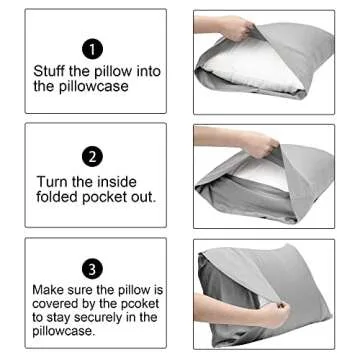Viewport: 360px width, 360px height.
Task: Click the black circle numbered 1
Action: (x=91, y=47)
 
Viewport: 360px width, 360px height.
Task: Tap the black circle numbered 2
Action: (x=91, y=157)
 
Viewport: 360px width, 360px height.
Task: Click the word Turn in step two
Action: (x=52, y=181)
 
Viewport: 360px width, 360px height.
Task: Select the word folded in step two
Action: (x=59, y=197)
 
